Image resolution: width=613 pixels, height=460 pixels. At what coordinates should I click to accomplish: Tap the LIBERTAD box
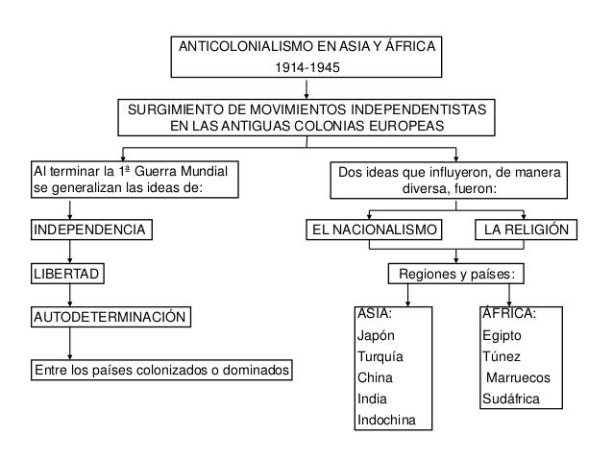(67, 275)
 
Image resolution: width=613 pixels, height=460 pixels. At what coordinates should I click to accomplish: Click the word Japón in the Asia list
(375, 336)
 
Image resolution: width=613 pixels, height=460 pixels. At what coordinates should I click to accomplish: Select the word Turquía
(380, 357)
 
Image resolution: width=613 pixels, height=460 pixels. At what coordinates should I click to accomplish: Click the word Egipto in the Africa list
(503, 336)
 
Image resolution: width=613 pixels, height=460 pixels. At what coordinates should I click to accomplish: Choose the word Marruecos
(518, 377)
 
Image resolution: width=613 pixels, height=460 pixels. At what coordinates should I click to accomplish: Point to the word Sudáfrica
(511, 399)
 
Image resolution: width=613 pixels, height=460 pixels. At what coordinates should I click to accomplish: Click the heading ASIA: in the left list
(374, 314)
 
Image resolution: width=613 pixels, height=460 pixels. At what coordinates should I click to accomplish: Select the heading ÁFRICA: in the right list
(508, 314)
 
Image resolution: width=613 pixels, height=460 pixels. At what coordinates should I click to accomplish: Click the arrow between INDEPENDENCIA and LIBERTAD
(69, 253)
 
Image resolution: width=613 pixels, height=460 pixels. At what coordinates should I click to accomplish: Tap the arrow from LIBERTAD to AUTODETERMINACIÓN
(69, 296)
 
